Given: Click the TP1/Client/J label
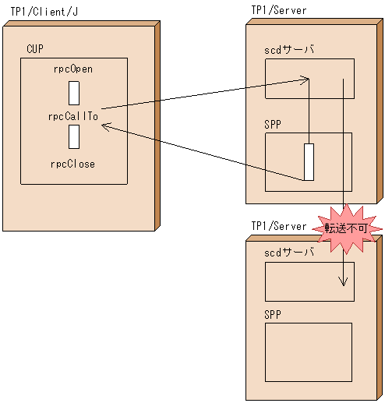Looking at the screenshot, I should click(44, 12).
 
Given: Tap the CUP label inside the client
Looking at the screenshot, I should click(34, 49).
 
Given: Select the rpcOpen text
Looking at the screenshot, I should click(73, 69).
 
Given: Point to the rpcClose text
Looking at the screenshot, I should click(73, 164).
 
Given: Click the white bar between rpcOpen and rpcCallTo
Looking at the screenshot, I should click(74, 92).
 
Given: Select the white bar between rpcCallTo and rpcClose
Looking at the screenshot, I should click(74, 136).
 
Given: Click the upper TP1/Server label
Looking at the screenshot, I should click(278, 10).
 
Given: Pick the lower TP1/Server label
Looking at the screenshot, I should click(278, 226).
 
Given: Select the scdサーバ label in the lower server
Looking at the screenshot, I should click(289, 252).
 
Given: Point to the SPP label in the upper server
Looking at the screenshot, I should click(273, 122).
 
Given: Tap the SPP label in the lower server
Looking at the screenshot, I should click(273, 314).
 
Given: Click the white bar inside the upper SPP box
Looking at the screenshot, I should click(309, 161).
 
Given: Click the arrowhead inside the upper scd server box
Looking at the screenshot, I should click(307, 78).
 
